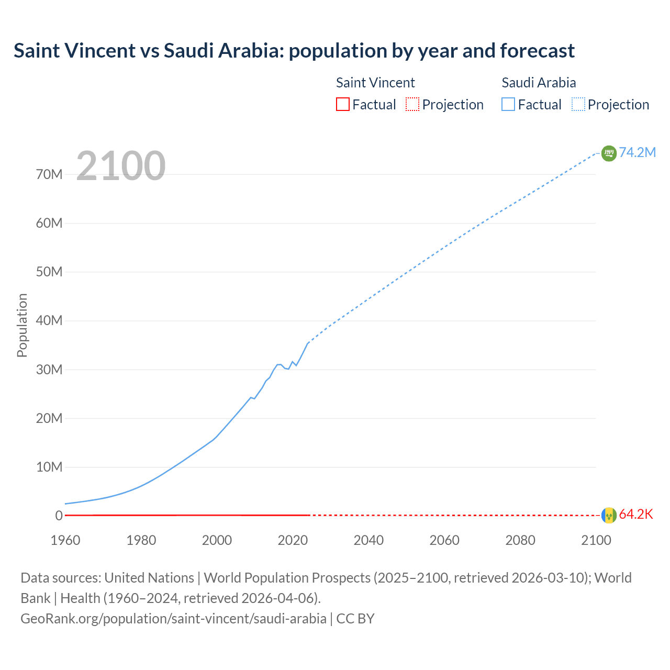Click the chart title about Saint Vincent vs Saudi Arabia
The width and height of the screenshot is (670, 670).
point(294,51)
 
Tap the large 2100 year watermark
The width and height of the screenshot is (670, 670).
point(121,166)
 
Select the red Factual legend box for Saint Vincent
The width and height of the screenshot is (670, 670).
point(342,104)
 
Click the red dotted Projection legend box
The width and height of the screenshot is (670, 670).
point(412,104)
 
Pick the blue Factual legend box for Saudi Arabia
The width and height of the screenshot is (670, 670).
point(508,104)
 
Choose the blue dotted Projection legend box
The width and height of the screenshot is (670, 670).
point(578,104)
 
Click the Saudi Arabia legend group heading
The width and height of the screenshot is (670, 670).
point(538,83)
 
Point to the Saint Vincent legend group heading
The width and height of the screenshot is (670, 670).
point(375,83)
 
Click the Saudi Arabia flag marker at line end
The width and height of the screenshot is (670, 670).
point(609,153)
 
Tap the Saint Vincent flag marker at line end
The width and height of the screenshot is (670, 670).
point(609,516)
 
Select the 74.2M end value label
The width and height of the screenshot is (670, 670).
point(637,152)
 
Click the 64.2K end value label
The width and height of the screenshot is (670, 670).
point(636,515)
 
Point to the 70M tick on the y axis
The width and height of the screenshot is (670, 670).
point(49,174)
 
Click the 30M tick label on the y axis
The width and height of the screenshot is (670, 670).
point(49,370)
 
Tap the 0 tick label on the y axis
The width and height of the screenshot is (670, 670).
point(59,516)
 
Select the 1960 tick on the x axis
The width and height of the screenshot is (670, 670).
point(65,540)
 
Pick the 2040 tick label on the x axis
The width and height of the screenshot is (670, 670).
point(368,540)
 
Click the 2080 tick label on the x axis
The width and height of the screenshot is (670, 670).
point(520,540)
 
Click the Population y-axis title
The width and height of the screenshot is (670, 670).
point(22,325)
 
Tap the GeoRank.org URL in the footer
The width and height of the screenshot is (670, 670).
point(173,619)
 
